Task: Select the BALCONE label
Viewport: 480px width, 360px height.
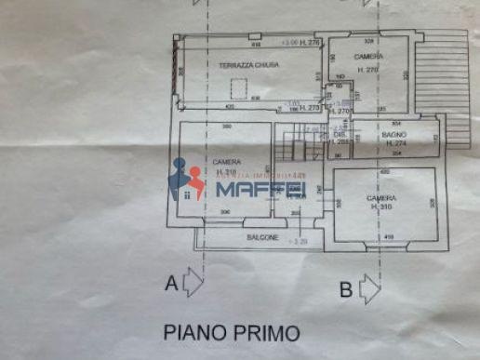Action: point(261,237)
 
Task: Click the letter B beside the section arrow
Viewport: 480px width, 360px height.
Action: point(345,289)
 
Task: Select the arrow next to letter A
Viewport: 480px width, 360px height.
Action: point(193,282)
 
